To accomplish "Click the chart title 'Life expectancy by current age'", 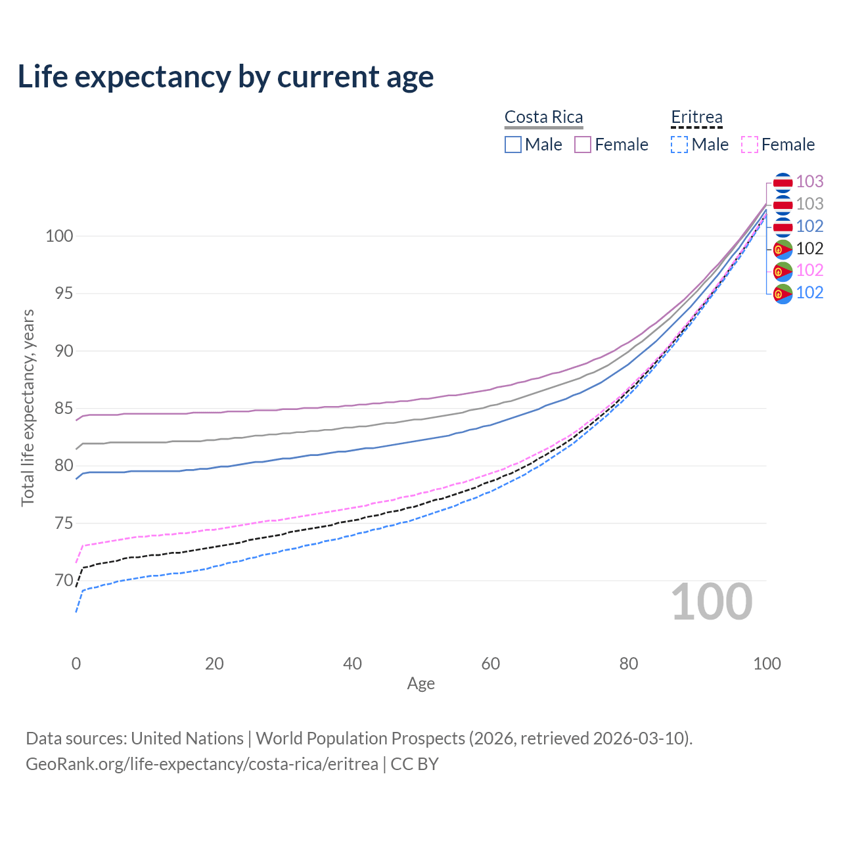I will coord(225,77).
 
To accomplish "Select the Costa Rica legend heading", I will coord(543,117).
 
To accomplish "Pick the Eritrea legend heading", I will coord(696,117).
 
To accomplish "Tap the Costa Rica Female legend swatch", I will coord(583,145).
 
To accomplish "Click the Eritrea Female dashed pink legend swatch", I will coord(750,145).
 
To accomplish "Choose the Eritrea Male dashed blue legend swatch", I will coord(679,145).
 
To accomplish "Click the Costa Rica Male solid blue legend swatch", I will coord(513,145).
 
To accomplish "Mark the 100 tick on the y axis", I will coord(59,236).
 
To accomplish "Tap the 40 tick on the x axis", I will coord(353,664).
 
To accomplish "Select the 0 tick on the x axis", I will coord(76,664).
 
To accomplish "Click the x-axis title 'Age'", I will coord(421,684).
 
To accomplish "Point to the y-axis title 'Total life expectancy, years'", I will coord(28,408).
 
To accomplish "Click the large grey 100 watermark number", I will coord(712,602).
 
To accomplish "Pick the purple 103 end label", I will coord(809,181).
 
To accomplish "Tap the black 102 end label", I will coord(809,248).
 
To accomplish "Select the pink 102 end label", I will coord(809,270).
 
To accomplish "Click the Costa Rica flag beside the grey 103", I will coord(783,204).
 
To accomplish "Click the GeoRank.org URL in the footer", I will coord(202,764).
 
